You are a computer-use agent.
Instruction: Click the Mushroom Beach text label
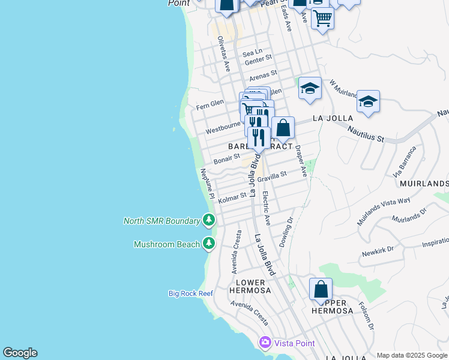tap(166, 244)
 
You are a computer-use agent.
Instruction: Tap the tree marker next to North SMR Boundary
tap(209, 220)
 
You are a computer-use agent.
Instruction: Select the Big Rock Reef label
tap(190, 293)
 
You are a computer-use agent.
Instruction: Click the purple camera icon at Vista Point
tap(265, 342)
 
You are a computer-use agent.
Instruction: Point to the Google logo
tap(20, 353)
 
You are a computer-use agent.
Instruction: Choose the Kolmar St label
tap(232, 197)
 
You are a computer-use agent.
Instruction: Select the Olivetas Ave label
tap(224, 53)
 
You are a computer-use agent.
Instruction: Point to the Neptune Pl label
tap(207, 184)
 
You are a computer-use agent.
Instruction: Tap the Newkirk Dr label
tap(378, 251)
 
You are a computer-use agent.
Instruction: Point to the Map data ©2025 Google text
tap(412, 355)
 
